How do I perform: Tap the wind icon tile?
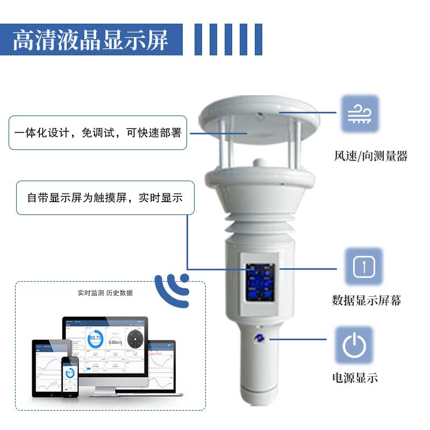360,114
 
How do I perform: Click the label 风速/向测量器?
370,156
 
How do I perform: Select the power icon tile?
354,345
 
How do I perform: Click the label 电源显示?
354,378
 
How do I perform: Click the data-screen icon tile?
363,267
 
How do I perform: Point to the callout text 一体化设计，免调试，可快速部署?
98,133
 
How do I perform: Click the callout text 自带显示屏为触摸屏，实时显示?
105,198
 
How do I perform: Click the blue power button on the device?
259,338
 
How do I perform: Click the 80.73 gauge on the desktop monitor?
96,340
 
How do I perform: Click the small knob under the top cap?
259,161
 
